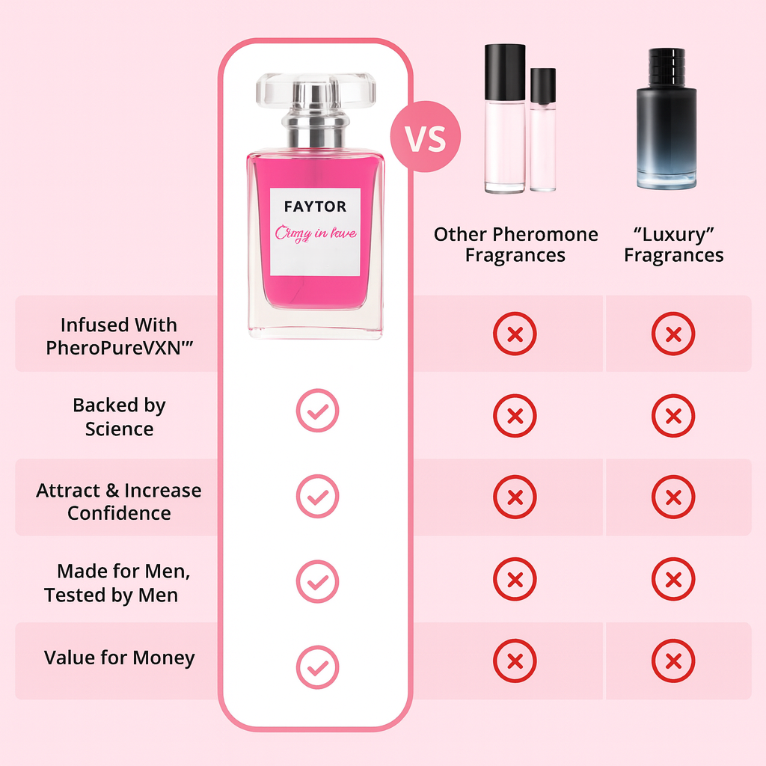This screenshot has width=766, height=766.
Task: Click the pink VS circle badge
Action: pyautogui.click(x=425, y=137)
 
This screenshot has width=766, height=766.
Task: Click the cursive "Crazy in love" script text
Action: pyautogui.click(x=316, y=233)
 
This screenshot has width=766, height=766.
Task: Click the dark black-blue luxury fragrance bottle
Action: pyautogui.click(x=667, y=120)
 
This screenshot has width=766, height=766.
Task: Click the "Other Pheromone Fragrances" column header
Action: pyautogui.click(x=515, y=245)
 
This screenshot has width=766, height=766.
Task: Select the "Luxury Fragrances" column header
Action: pyautogui.click(x=673, y=245)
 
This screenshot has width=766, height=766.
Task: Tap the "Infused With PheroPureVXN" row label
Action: pyautogui.click(x=119, y=336)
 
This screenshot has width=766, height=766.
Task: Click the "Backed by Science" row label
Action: pyautogui.click(x=119, y=417)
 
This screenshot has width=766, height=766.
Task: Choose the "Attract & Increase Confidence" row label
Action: pyautogui.click(x=119, y=501)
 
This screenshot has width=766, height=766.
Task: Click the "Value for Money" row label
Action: pyautogui.click(x=120, y=658)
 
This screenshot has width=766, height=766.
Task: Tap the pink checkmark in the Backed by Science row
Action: pyautogui.click(x=317, y=411)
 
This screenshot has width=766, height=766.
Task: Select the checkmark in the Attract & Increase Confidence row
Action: pyautogui.click(x=317, y=497)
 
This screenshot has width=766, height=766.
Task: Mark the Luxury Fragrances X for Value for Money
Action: pyautogui.click(x=673, y=661)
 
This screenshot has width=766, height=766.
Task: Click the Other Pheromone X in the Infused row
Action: pyautogui.click(x=515, y=334)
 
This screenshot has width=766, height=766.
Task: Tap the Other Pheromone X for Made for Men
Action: pyautogui.click(x=515, y=580)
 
